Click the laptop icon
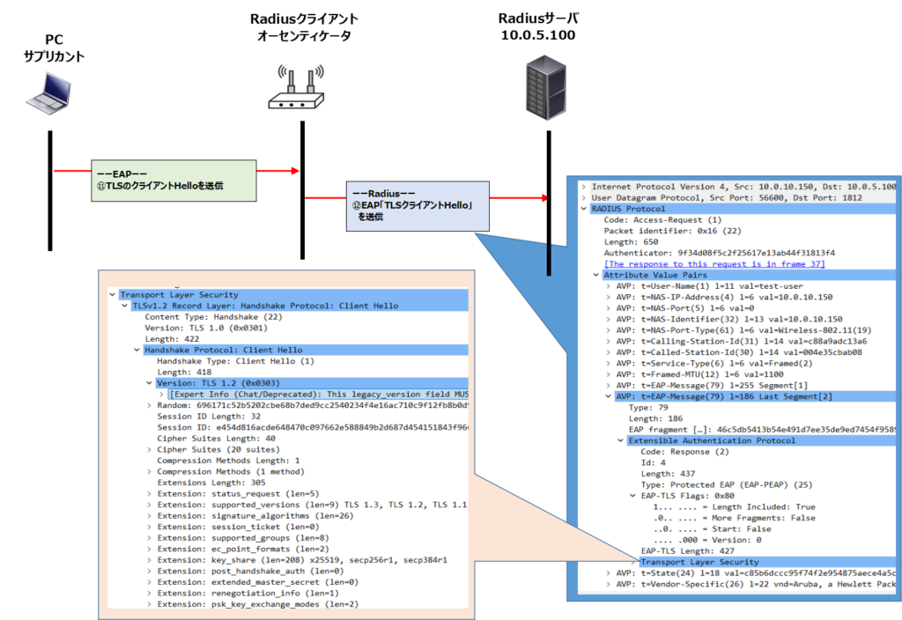(48, 93)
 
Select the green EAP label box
(174, 181)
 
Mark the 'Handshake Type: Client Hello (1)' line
(235, 361)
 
